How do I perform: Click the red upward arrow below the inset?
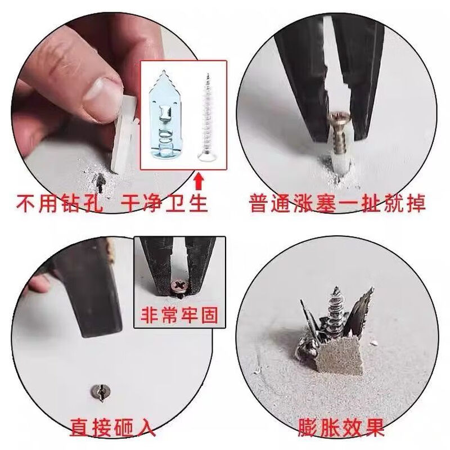198,181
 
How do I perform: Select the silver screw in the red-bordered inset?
205,118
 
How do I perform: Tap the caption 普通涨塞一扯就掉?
336,202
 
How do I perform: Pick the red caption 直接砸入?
112,426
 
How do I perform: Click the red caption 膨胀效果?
341,426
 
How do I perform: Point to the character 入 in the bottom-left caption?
145,426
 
